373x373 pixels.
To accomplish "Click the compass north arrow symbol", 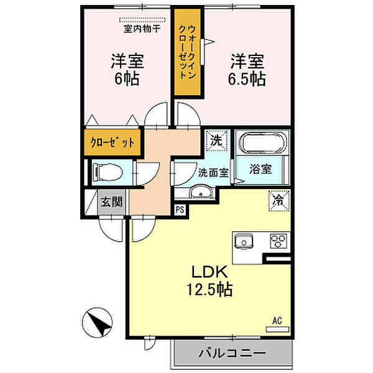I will pos(97,324).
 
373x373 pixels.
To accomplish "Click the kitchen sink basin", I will pos(243,241).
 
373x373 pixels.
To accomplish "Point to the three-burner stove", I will pos(277,241).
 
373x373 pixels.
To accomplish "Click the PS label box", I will pos(180,210).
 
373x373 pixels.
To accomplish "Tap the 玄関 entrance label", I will pos(112,201).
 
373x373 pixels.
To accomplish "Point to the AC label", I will pos(278,320).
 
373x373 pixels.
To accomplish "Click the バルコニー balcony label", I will pos(232,354).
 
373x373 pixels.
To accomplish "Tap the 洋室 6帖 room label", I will pos(128,70).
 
